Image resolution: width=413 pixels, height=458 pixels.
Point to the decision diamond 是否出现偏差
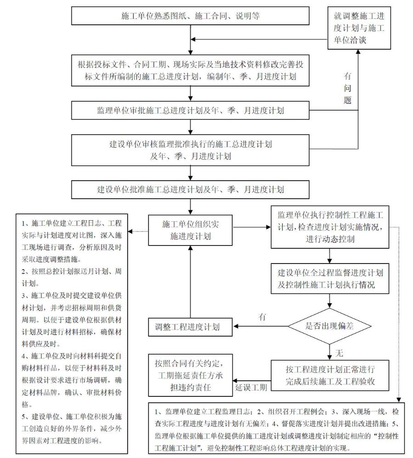click(330, 326)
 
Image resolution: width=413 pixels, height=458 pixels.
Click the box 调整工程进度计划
click(189, 327)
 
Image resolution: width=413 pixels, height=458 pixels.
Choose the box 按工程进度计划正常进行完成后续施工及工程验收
click(329, 375)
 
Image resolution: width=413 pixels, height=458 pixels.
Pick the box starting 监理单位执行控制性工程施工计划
click(329, 227)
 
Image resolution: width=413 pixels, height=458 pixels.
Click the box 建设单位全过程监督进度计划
click(329, 278)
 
